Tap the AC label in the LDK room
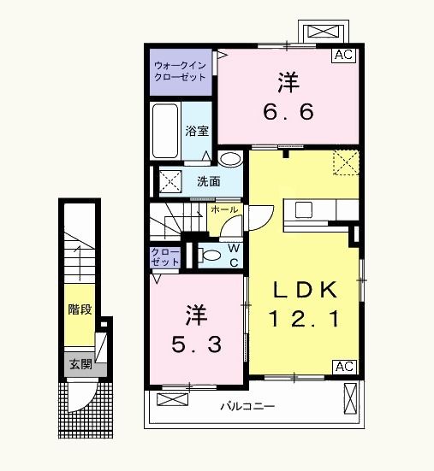343,367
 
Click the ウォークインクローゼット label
179,71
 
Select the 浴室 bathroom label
199,132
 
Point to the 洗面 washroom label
209,181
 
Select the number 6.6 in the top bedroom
288,111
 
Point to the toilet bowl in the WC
211,254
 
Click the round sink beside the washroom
229,160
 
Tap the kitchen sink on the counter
305,210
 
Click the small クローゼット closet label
165,257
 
